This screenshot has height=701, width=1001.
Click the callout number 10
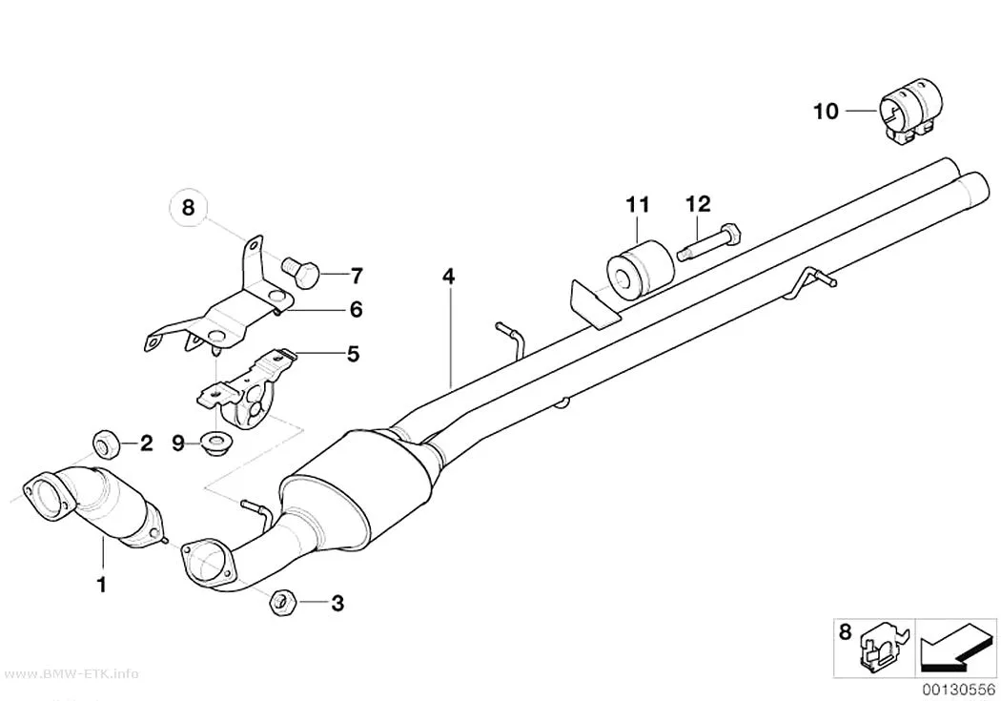(826, 111)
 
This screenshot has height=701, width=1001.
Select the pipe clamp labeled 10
(911, 113)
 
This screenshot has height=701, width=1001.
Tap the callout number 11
(637, 204)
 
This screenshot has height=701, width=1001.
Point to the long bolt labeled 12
(708, 244)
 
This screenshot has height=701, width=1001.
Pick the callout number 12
(698, 204)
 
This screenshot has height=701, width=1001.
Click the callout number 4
(449, 277)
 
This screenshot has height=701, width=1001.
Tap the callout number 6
(357, 310)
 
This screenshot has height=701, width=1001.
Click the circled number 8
(188, 208)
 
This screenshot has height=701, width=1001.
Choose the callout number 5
(353, 354)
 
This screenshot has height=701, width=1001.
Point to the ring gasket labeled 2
(106, 443)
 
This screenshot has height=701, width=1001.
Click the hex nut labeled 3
(281, 602)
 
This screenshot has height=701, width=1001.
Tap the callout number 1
(101, 584)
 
